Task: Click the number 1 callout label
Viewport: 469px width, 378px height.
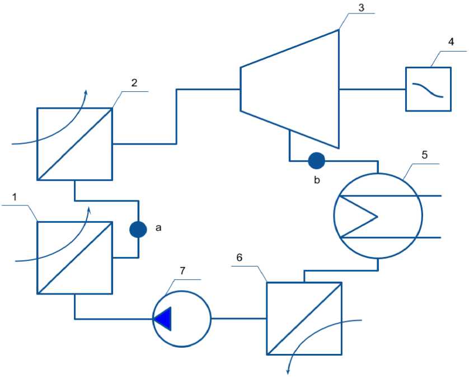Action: pyautogui.click(x=15, y=197)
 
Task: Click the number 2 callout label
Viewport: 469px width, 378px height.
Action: pyautogui.click(x=134, y=83)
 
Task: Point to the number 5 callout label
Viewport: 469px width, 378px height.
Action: pyautogui.click(x=424, y=155)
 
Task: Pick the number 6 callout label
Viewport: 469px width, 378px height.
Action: pyautogui.click(x=240, y=257)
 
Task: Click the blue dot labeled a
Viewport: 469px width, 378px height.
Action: pyautogui.click(x=138, y=229)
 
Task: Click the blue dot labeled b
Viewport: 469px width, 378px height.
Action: pyautogui.click(x=316, y=161)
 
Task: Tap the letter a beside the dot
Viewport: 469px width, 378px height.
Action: pyautogui.click(x=158, y=228)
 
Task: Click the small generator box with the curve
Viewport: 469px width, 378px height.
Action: pyautogui.click(x=428, y=88)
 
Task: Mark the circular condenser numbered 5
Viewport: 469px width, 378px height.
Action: pyautogui.click(x=376, y=216)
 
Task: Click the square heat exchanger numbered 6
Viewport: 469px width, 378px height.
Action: pyautogui.click(x=304, y=318)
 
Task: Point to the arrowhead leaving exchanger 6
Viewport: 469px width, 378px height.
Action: pyautogui.click(x=289, y=370)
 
